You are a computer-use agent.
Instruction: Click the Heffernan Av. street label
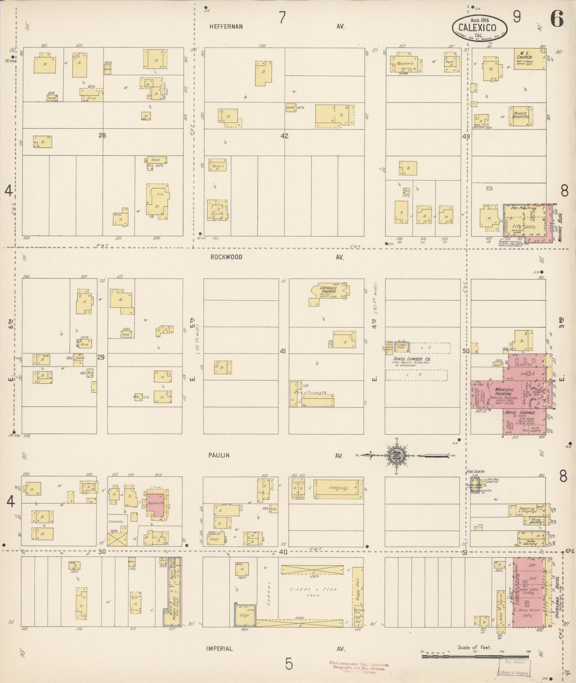pos(226,27)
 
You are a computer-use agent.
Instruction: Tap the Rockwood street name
pos(226,257)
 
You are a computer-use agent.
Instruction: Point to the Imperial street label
pos(220,648)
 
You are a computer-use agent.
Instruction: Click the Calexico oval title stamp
pos(480,27)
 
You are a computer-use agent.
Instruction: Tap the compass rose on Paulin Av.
pos(397,455)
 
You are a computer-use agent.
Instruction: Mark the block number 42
pos(284,136)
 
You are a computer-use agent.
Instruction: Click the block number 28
pos(102,135)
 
